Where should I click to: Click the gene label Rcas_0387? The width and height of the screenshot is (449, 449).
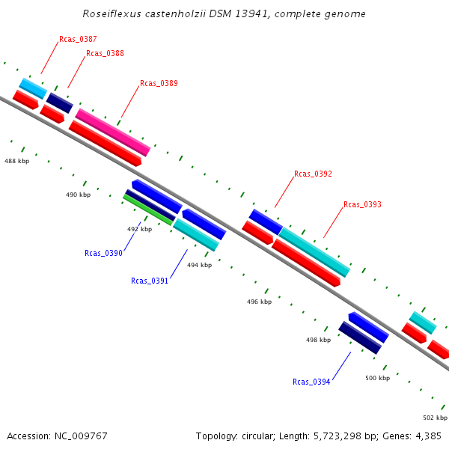click(78, 39)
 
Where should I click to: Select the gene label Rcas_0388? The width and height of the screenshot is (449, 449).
click(105, 54)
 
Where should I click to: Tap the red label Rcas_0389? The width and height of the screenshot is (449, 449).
click(159, 84)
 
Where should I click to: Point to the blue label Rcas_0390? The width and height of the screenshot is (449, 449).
click(103, 253)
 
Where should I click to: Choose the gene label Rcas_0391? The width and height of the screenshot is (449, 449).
click(150, 281)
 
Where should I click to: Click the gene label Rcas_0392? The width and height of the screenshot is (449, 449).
click(313, 174)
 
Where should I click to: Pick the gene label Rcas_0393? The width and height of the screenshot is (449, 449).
click(362, 204)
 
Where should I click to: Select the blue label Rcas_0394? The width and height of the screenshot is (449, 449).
click(311, 382)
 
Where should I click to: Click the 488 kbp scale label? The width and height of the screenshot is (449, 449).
click(16, 161)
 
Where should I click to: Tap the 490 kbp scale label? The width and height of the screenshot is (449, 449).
click(78, 195)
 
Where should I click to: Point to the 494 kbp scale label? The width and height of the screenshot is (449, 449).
click(199, 265)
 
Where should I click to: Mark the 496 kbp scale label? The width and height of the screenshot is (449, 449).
click(259, 302)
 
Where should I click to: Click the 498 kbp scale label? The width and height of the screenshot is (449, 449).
click(318, 340)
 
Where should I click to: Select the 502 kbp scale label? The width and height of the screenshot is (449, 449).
click(435, 418)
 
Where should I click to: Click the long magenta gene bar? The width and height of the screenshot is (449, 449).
click(112, 132)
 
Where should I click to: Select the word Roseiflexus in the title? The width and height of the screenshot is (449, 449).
click(109, 14)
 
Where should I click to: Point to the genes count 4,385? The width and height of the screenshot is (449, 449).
click(427, 436)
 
